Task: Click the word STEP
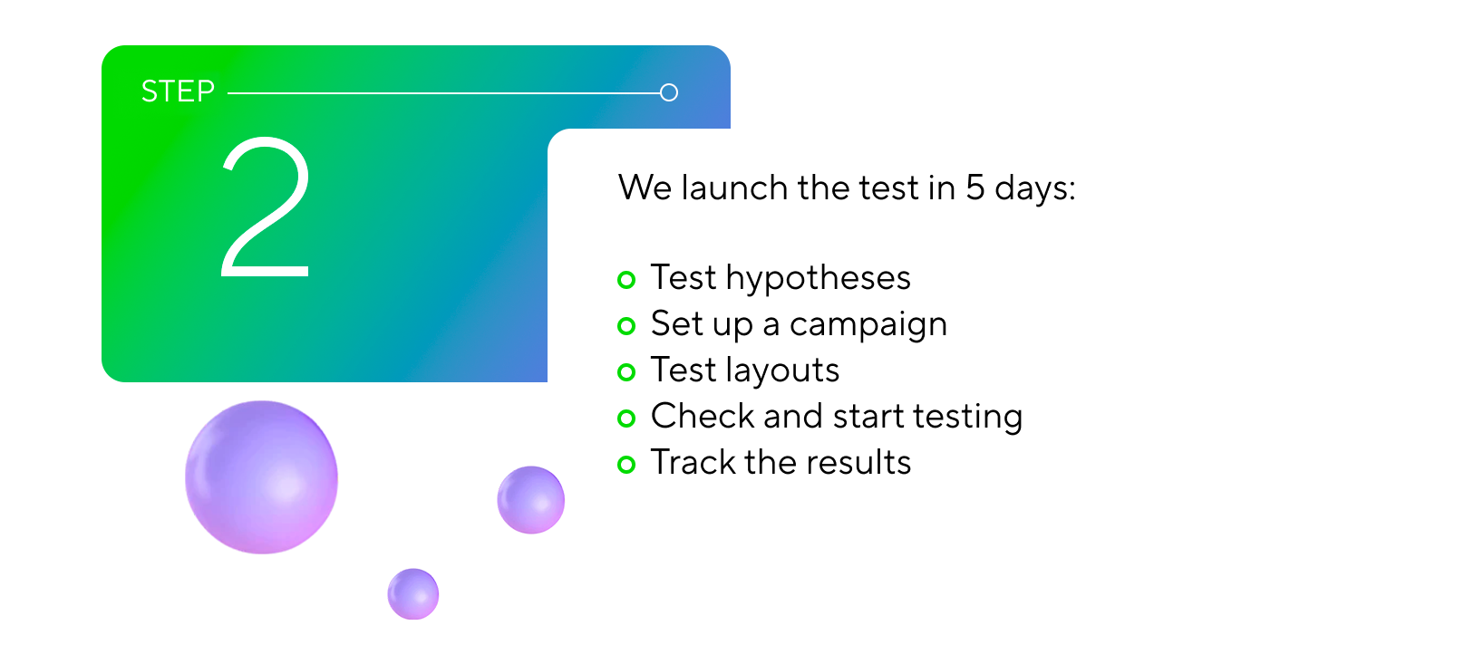pos(178,91)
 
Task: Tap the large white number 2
pos(266,207)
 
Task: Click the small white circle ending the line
pos(669,92)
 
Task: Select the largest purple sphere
pos(261,477)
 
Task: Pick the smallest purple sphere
pos(413,593)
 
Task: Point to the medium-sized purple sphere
pos(531,500)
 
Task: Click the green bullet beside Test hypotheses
pos(626,280)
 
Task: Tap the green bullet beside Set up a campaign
pos(626,326)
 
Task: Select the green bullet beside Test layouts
pos(626,372)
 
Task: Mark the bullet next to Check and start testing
pos(626,419)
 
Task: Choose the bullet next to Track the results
pos(626,465)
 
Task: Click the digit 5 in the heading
pos(975,188)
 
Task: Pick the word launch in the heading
pos(734,188)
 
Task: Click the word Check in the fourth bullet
pos(703,416)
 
